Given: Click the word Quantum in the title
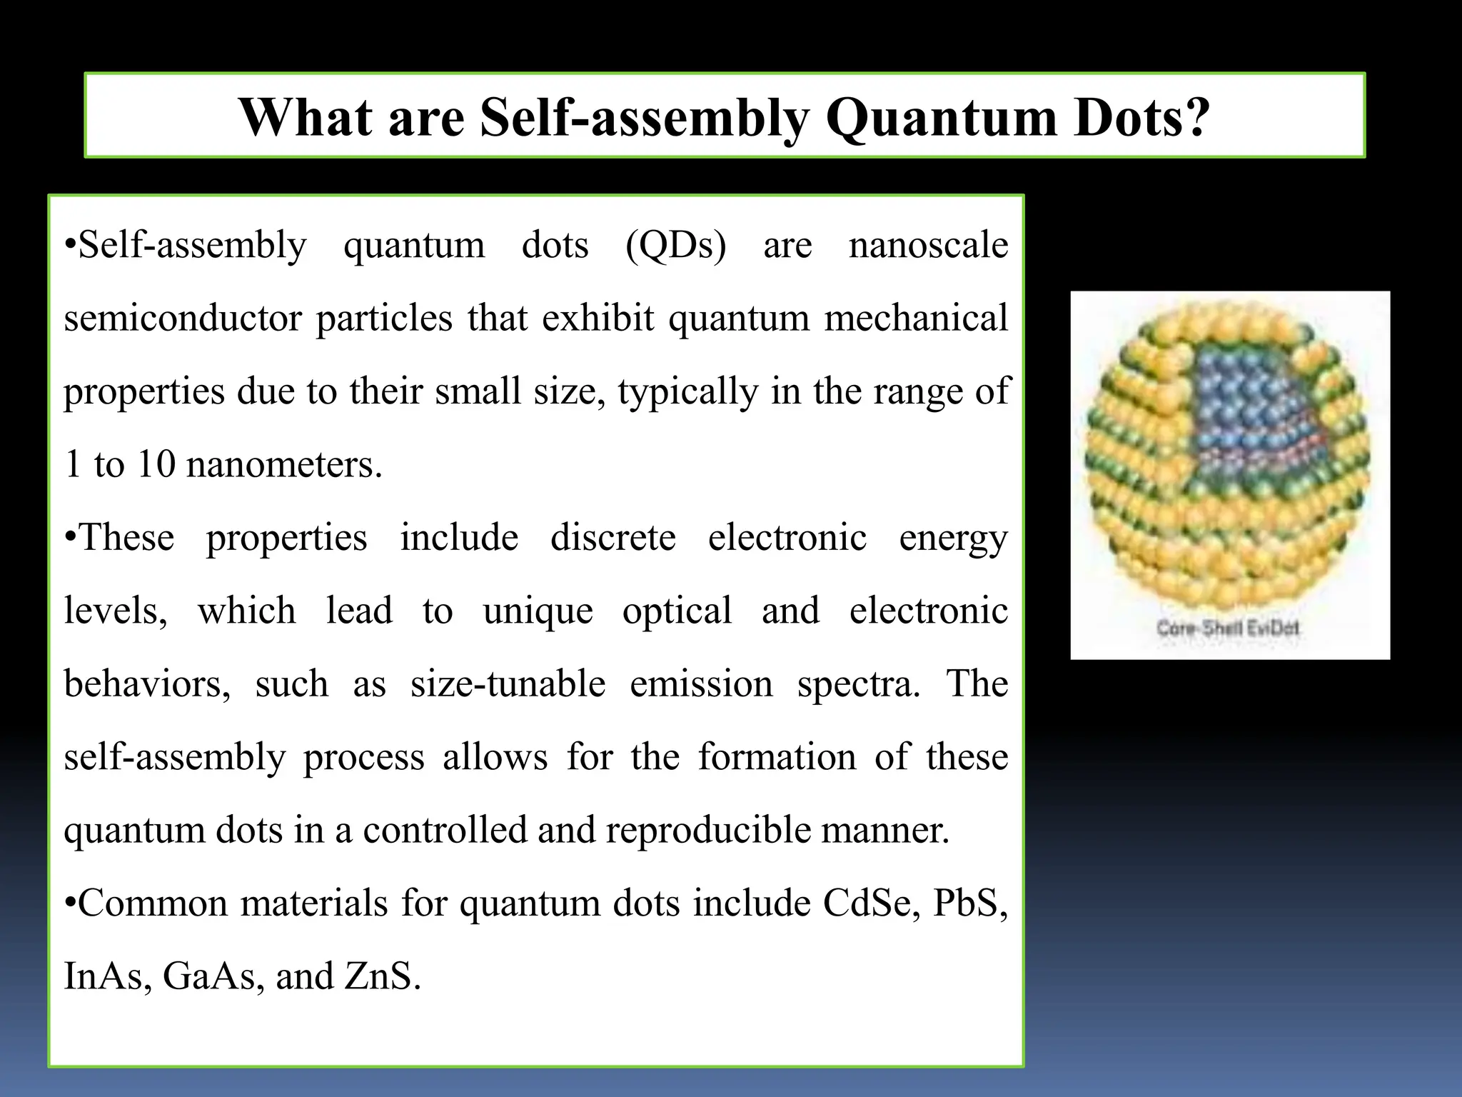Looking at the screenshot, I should tap(941, 117).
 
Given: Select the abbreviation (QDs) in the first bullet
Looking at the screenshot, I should tap(675, 245).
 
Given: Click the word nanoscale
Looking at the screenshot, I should tap(928, 245).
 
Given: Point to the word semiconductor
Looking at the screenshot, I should tap(183, 319).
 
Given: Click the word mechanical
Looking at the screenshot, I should tap(916, 319).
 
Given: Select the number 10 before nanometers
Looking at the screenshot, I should tap(156, 464).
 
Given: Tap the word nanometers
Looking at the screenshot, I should tap(283, 464).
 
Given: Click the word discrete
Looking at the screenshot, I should tap(612, 538).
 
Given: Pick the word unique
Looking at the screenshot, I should tap(538, 611).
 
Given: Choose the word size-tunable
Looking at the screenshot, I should tap(508, 684).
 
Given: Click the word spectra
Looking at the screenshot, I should tap(858, 684).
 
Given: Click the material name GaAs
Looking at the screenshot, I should tap(209, 976).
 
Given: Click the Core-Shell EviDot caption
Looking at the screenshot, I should tap(1228, 628).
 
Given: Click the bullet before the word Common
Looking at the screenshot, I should tap(69, 903).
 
